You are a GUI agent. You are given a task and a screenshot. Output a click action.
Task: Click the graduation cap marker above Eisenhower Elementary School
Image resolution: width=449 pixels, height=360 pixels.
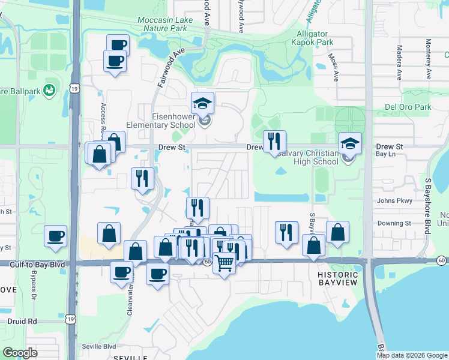tap(203, 103)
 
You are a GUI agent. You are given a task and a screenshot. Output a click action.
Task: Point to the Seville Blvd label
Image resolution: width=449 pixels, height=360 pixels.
tap(101, 347)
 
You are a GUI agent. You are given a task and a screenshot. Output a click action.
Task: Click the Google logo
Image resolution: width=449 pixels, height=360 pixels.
tap(20, 353)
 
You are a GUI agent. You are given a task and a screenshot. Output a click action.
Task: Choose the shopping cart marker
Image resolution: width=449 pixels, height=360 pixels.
tap(224, 262)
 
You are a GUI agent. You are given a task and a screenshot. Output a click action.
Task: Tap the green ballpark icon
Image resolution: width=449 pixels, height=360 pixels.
tap(49, 91)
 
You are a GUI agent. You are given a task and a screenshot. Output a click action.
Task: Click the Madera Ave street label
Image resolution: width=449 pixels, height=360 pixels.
tap(399, 63)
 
